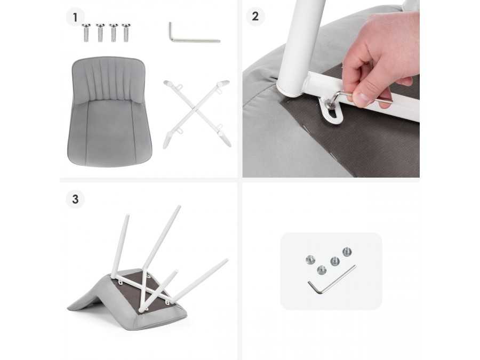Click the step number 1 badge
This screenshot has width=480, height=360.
click(x=75, y=17)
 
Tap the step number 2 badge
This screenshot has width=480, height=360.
click(x=255, y=16)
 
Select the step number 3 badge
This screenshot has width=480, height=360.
click(x=75, y=199)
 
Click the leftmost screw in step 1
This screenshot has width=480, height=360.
click(x=86, y=33)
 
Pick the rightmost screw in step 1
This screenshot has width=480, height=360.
click(x=126, y=33)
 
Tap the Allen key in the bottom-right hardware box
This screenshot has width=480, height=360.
click(x=331, y=280)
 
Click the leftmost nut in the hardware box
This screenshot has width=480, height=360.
click(x=310, y=260)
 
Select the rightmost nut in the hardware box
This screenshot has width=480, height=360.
click(x=347, y=252)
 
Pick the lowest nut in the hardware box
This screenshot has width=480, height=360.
click(x=322, y=270)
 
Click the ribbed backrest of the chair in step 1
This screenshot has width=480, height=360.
click(x=108, y=79)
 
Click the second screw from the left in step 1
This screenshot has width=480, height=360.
click(x=100, y=33)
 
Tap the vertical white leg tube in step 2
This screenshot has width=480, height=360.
click(x=300, y=46)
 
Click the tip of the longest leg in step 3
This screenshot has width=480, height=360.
click(x=227, y=260)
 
